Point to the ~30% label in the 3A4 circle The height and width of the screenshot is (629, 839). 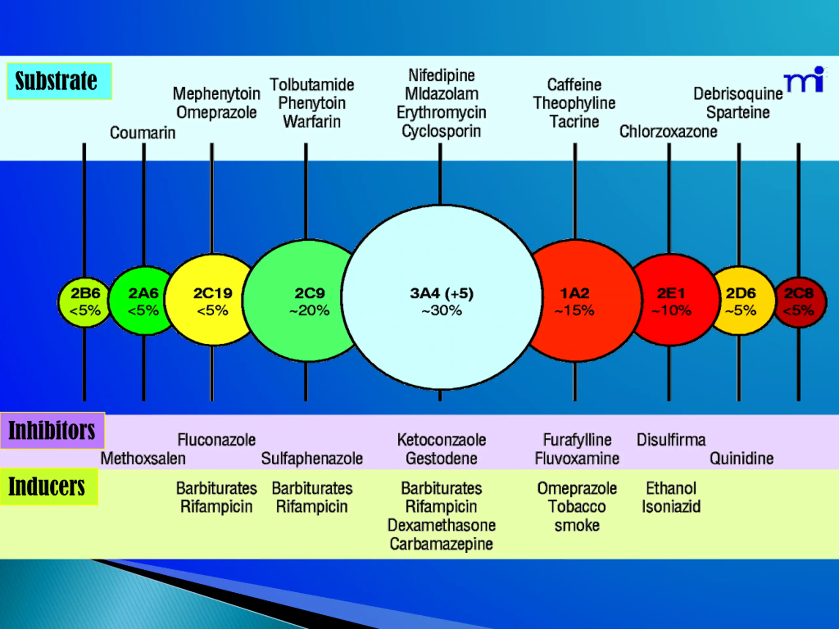pos(441,311)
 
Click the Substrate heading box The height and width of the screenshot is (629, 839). pos(59,81)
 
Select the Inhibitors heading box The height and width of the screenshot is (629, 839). pos(52,430)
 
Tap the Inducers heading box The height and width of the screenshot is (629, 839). pos(49,486)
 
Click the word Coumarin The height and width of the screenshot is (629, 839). pos(143,133)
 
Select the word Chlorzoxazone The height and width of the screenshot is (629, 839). pos(668,132)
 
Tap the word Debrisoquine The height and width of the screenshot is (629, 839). pos(738,94)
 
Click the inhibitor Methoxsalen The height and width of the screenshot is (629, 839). pos(143,458)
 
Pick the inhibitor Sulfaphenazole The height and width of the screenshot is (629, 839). pos(312,458)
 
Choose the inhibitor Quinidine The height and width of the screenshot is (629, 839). pos(742,458)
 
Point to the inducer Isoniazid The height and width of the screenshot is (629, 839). pos(671,506)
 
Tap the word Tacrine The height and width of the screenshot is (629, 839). pos(574,122)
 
